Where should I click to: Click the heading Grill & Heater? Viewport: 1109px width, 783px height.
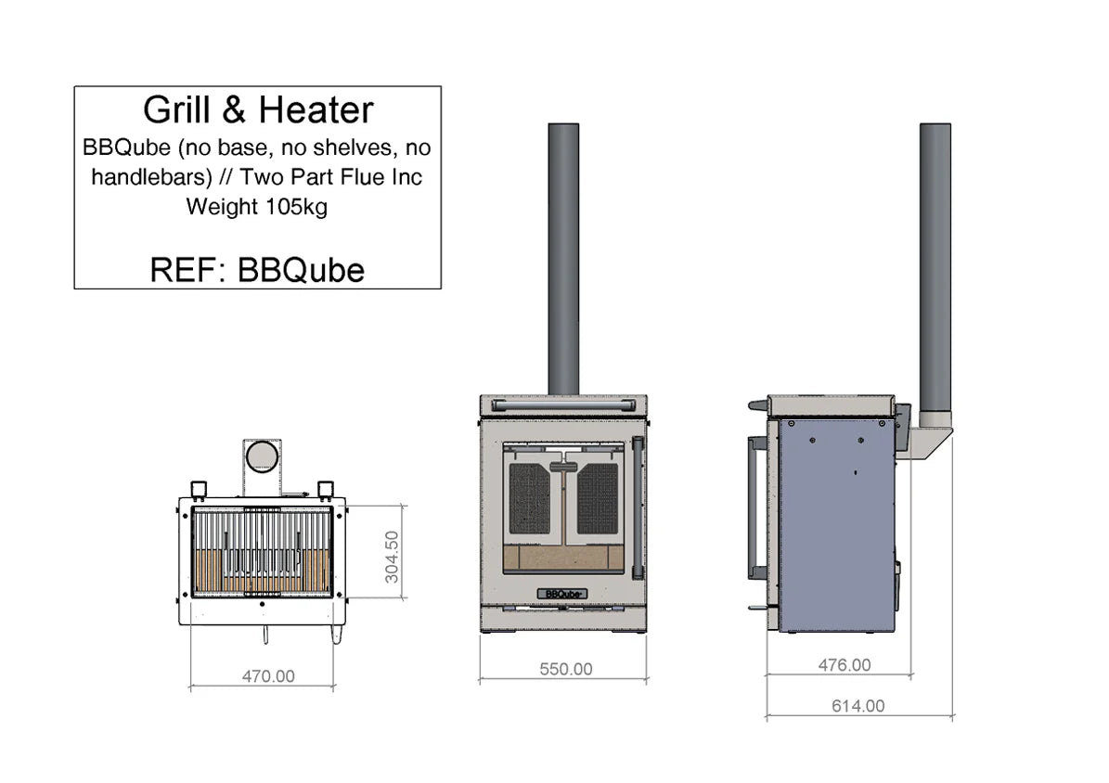[x=258, y=110]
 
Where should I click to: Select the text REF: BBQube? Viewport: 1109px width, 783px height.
[x=257, y=269]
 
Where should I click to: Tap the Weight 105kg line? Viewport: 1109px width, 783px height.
[x=257, y=206]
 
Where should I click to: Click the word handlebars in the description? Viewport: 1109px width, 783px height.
[x=135, y=176]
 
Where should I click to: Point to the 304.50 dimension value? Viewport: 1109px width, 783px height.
[x=392, y=556]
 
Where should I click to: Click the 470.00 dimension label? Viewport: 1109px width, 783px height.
[x=268, y=676]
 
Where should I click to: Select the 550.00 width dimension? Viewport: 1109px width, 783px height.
[x=565, y=668]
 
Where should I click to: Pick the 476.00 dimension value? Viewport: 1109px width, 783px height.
[x=845, y=664]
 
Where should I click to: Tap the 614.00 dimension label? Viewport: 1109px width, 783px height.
[x=858, y=705]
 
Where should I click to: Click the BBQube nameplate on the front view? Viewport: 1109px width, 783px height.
[x=562, y=593]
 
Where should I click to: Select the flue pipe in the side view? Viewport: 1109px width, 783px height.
[x=935, y=269]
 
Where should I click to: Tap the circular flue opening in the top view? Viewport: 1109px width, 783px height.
[x=262, y=456]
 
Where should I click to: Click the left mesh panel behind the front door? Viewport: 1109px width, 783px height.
[x=529, y=498]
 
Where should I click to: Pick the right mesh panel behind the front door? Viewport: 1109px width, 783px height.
[x=598, y=498]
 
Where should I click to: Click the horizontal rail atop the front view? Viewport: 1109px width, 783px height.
[x=563, y=404]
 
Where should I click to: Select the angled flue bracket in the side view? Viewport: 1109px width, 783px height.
[x=928, y=443]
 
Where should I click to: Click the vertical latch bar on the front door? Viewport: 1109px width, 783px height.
[x=637, y=507]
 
